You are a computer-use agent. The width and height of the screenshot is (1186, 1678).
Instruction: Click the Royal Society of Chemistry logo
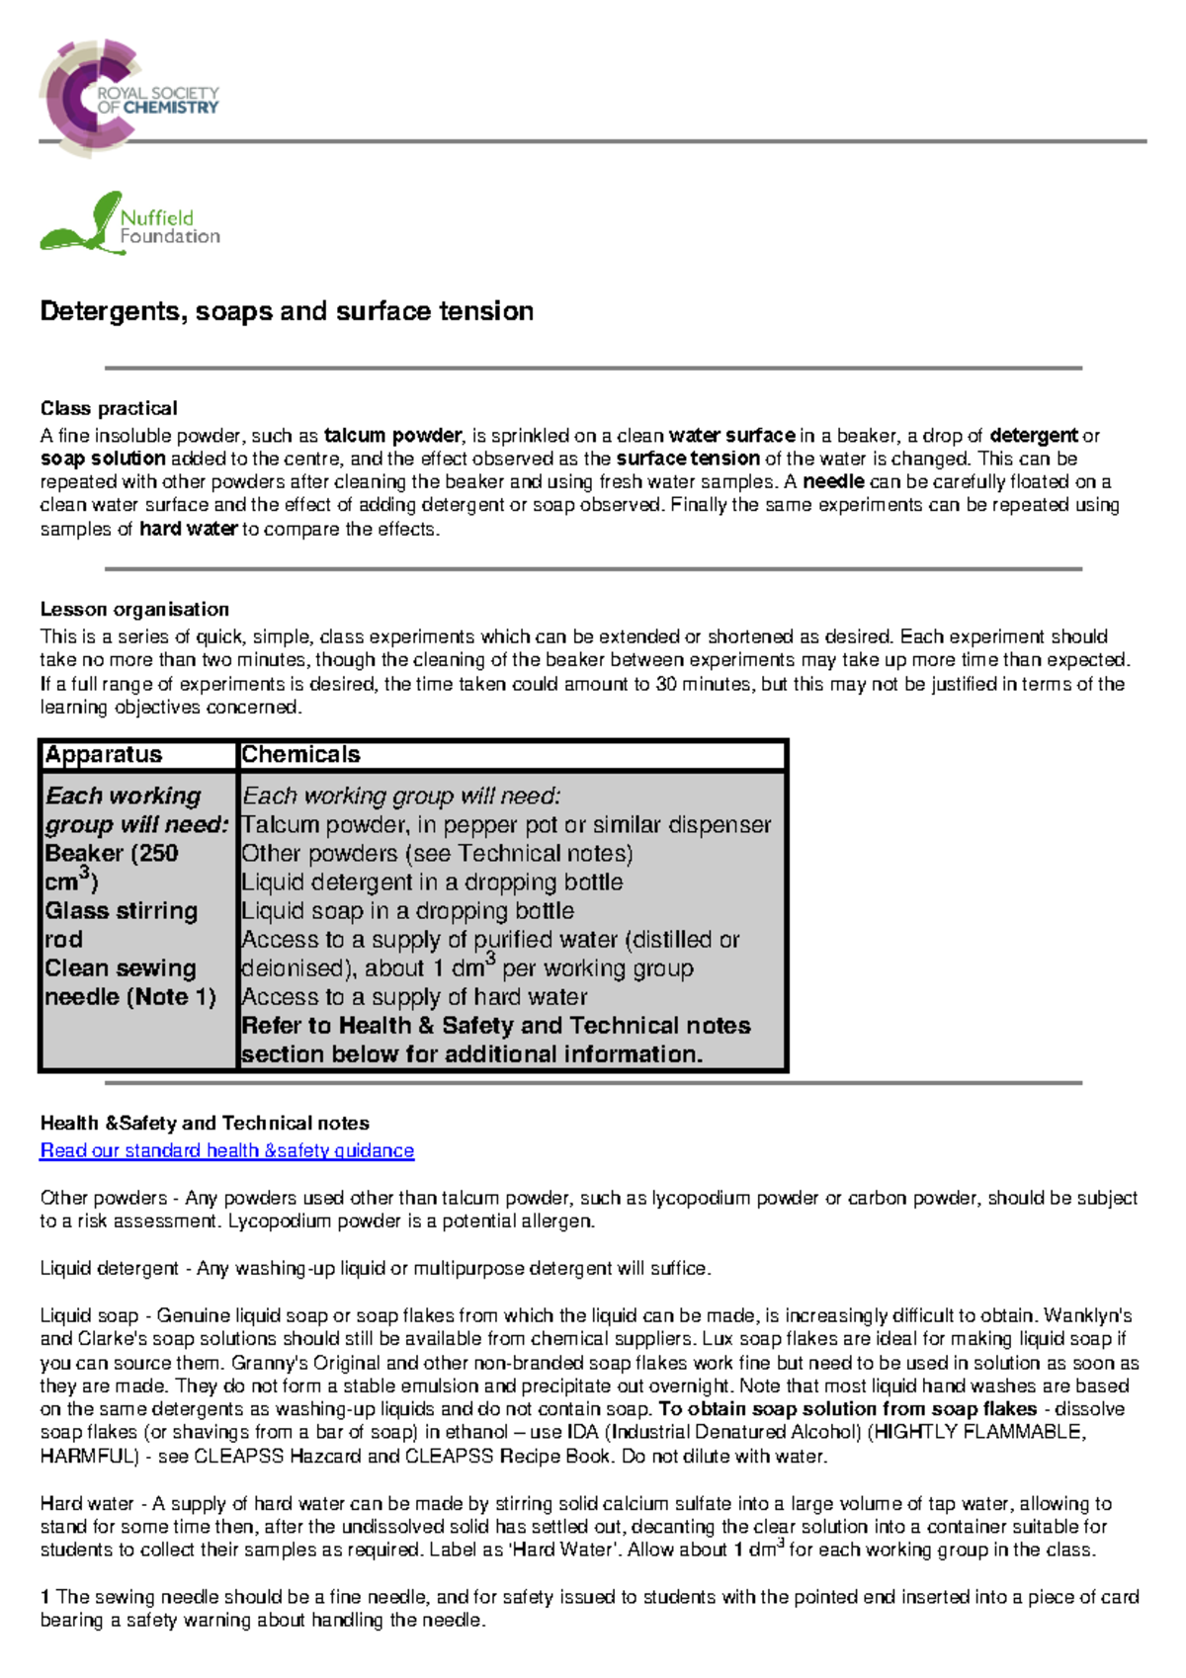click(128, 98)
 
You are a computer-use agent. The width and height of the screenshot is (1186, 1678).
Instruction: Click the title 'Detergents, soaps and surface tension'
click(287, 311)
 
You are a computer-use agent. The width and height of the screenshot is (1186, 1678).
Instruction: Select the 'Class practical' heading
click(109, 408)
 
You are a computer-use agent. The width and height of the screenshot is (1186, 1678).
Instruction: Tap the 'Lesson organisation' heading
click(134, 610)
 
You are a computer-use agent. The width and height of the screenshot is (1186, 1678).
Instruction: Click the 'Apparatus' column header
click(104, 755)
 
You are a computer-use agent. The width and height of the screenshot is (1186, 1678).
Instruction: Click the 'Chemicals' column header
click(300, 755)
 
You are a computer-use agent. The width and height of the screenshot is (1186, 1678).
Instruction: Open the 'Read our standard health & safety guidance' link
click(226, 1150)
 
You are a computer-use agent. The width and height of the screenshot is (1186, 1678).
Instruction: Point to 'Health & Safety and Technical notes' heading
click(205, 1124)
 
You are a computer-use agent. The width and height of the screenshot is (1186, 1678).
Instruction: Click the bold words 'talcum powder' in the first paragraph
click(392, 436)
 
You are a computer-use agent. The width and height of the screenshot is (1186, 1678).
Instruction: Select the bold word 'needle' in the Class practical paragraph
click(833, 482)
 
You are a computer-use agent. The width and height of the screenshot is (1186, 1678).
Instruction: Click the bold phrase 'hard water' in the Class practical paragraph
click(188, 529)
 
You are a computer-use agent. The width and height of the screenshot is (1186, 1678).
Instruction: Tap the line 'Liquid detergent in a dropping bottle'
click(432, 881)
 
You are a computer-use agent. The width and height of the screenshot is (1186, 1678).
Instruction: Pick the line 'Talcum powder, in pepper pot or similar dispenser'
click(506, 824)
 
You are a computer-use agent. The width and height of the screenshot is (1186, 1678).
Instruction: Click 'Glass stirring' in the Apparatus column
click(122, 910)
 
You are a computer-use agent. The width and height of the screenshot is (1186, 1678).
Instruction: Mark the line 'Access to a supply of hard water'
click(414, 996)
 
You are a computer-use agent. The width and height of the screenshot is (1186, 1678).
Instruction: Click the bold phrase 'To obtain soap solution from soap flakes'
click(847, 1409)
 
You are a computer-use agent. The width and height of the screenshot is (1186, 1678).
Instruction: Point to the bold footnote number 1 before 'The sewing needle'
click(45, 1597)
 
